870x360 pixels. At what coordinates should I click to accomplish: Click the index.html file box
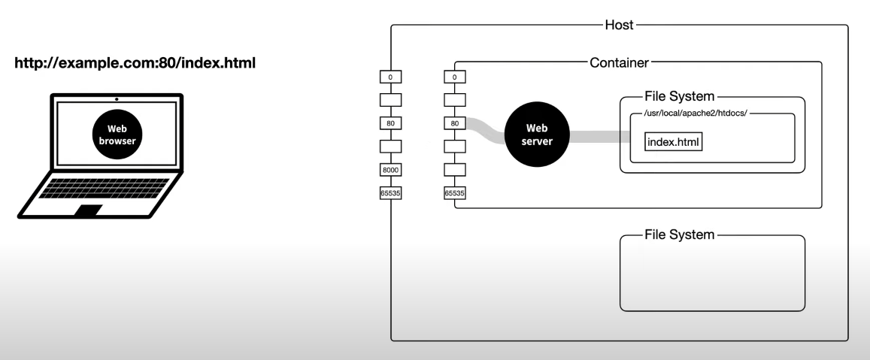(674, 142)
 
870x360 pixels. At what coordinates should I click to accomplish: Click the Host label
(620, 25)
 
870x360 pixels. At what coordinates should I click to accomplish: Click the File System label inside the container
(678, 97)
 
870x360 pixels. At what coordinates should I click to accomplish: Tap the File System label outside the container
(678, 235)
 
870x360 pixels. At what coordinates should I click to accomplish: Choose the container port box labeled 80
(455, 123)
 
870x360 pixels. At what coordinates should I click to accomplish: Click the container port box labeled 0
(455, 76)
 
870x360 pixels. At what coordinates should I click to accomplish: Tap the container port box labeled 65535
(455, 193)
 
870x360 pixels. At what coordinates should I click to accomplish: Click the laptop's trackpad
(91, 210)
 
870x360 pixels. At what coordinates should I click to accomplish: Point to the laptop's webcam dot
(117, 98)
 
